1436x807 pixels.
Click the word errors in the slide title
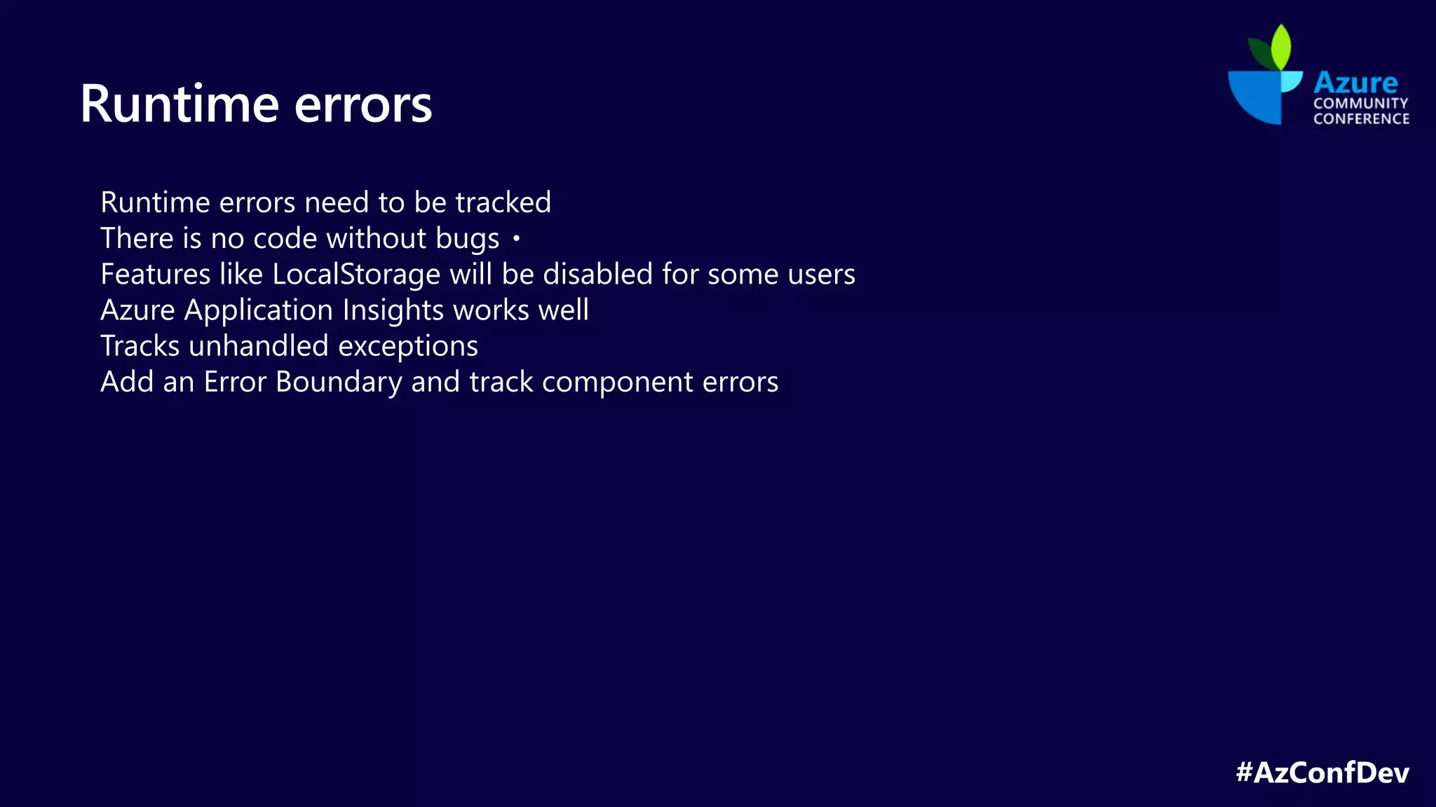363,105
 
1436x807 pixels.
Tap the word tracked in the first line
503,202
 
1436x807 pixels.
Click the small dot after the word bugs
516,239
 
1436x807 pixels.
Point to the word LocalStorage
356,274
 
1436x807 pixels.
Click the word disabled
598,274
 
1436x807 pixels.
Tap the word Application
259,310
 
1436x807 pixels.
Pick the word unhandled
259,346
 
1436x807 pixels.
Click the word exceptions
408,347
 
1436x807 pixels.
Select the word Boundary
339,382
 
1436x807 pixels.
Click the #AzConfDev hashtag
1322,773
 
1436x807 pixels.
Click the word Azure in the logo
1355,83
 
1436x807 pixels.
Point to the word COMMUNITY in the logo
1360,104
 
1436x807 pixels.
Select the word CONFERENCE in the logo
1361,119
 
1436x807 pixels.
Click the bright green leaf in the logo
1282,46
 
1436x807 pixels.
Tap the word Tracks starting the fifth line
140,346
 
